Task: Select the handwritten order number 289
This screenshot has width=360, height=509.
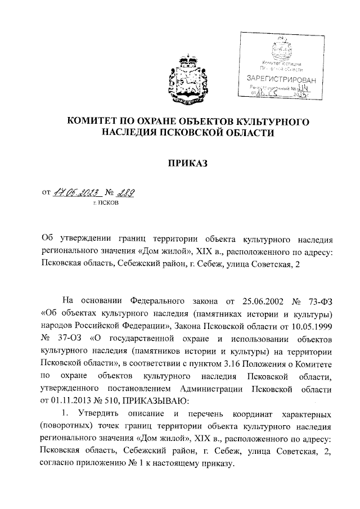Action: coord(127,193)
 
